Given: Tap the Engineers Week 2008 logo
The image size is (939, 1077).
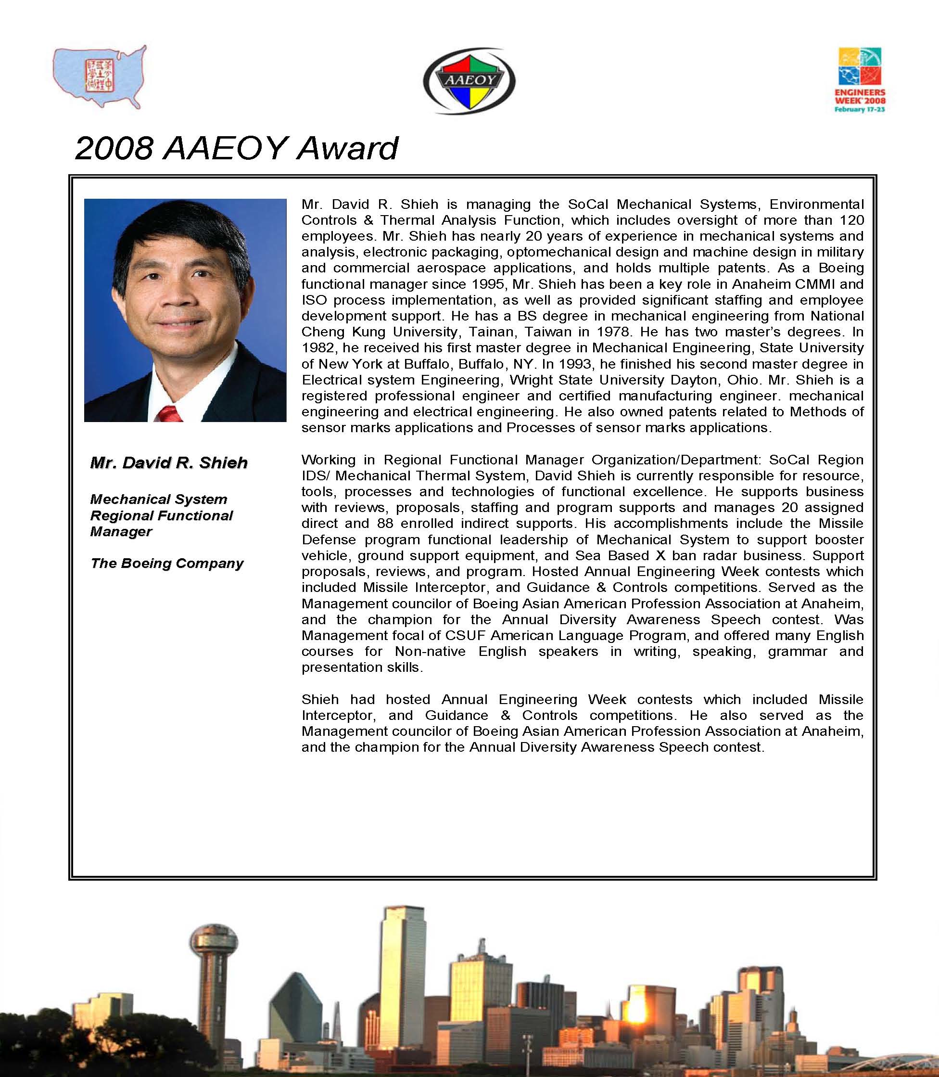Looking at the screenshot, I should coord(860,80).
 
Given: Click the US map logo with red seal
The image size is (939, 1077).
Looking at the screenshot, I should coord(100,77).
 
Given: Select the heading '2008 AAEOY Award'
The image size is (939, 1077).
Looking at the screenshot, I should coord(236,148).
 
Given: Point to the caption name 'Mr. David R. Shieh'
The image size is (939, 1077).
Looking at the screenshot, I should coord(169,463).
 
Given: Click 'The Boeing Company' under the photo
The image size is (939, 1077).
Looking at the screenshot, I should coord(166,564).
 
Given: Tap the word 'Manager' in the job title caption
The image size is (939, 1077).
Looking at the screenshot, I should coord(121,531).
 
